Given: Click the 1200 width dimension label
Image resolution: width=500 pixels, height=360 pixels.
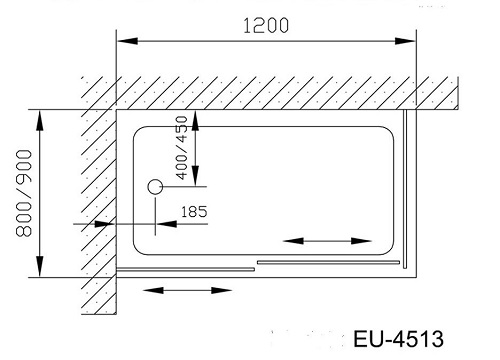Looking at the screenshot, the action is pyautogui.click(x=266, y=26).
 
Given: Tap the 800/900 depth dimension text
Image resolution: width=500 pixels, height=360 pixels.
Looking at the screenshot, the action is pyautogui.click(x=24, y=193).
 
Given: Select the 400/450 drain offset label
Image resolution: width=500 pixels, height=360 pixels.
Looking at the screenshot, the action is pyautogui.click(x=182, y=148).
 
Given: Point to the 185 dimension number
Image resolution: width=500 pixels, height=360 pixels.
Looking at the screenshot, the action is pyautogui.click(x=194, y=212).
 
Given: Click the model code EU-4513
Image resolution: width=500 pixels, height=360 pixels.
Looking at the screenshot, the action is pyautogui.click(x=398, y=339).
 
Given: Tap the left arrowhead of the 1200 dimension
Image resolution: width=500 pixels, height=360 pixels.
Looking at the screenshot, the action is pyautogui.click(x=127, y=41).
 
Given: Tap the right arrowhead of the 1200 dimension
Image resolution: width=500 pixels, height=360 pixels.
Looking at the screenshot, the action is pyautogui.click(x=405, y=41).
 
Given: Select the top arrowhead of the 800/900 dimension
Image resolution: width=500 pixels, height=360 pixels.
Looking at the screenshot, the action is pyautogui.click(x=40, y=121).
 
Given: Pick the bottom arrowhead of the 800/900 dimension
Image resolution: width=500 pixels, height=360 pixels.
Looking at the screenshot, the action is pyautogui.click(x=40, y=266).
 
